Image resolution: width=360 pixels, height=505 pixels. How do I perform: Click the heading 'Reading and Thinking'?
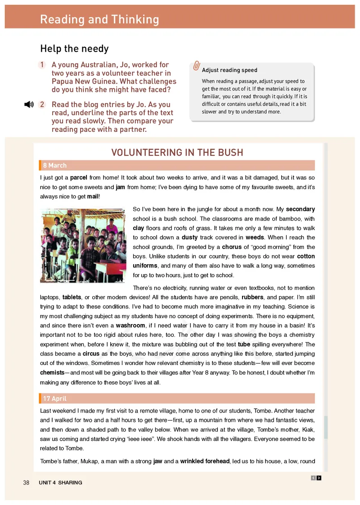[x=99, y=19]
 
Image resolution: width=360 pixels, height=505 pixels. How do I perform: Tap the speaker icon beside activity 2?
[x=29, y=104]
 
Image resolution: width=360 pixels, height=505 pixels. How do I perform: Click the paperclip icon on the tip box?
[x=196, y=66]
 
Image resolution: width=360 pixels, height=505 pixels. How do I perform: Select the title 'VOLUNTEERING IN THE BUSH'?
[x=177, y=153]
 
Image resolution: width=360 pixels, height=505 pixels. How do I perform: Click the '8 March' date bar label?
[x=55, y=165]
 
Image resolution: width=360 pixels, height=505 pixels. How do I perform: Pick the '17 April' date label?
[x=55, y=398]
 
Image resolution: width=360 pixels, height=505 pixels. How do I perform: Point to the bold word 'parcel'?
[x=79, y=178]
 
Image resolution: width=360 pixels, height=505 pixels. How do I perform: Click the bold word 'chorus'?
[x=232, y=247]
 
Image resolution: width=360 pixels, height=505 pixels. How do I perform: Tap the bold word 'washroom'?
[x=130, y=325]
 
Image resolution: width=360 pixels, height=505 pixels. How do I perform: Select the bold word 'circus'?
[x=91, y=354]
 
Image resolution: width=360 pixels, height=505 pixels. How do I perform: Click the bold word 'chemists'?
[x=52, y=373]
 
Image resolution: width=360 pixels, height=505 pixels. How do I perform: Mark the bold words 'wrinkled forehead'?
[x=205, y=461]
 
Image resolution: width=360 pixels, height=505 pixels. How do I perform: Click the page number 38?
[x=26, y=482]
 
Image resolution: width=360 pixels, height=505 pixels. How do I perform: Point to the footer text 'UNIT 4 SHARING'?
[x=60, y=482]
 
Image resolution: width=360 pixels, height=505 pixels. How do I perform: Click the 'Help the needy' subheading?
[x=74, y=49]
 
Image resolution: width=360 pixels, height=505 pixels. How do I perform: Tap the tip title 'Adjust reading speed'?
[x=229, y=70]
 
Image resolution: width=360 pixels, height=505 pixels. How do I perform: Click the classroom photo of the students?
[x=82, y=245]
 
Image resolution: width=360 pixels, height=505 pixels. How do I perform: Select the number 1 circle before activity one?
[x=42, y=65]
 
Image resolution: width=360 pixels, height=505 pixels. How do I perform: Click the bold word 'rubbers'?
[x=252, y=297]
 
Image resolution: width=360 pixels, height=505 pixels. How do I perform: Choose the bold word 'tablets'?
[x=72, y=297]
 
